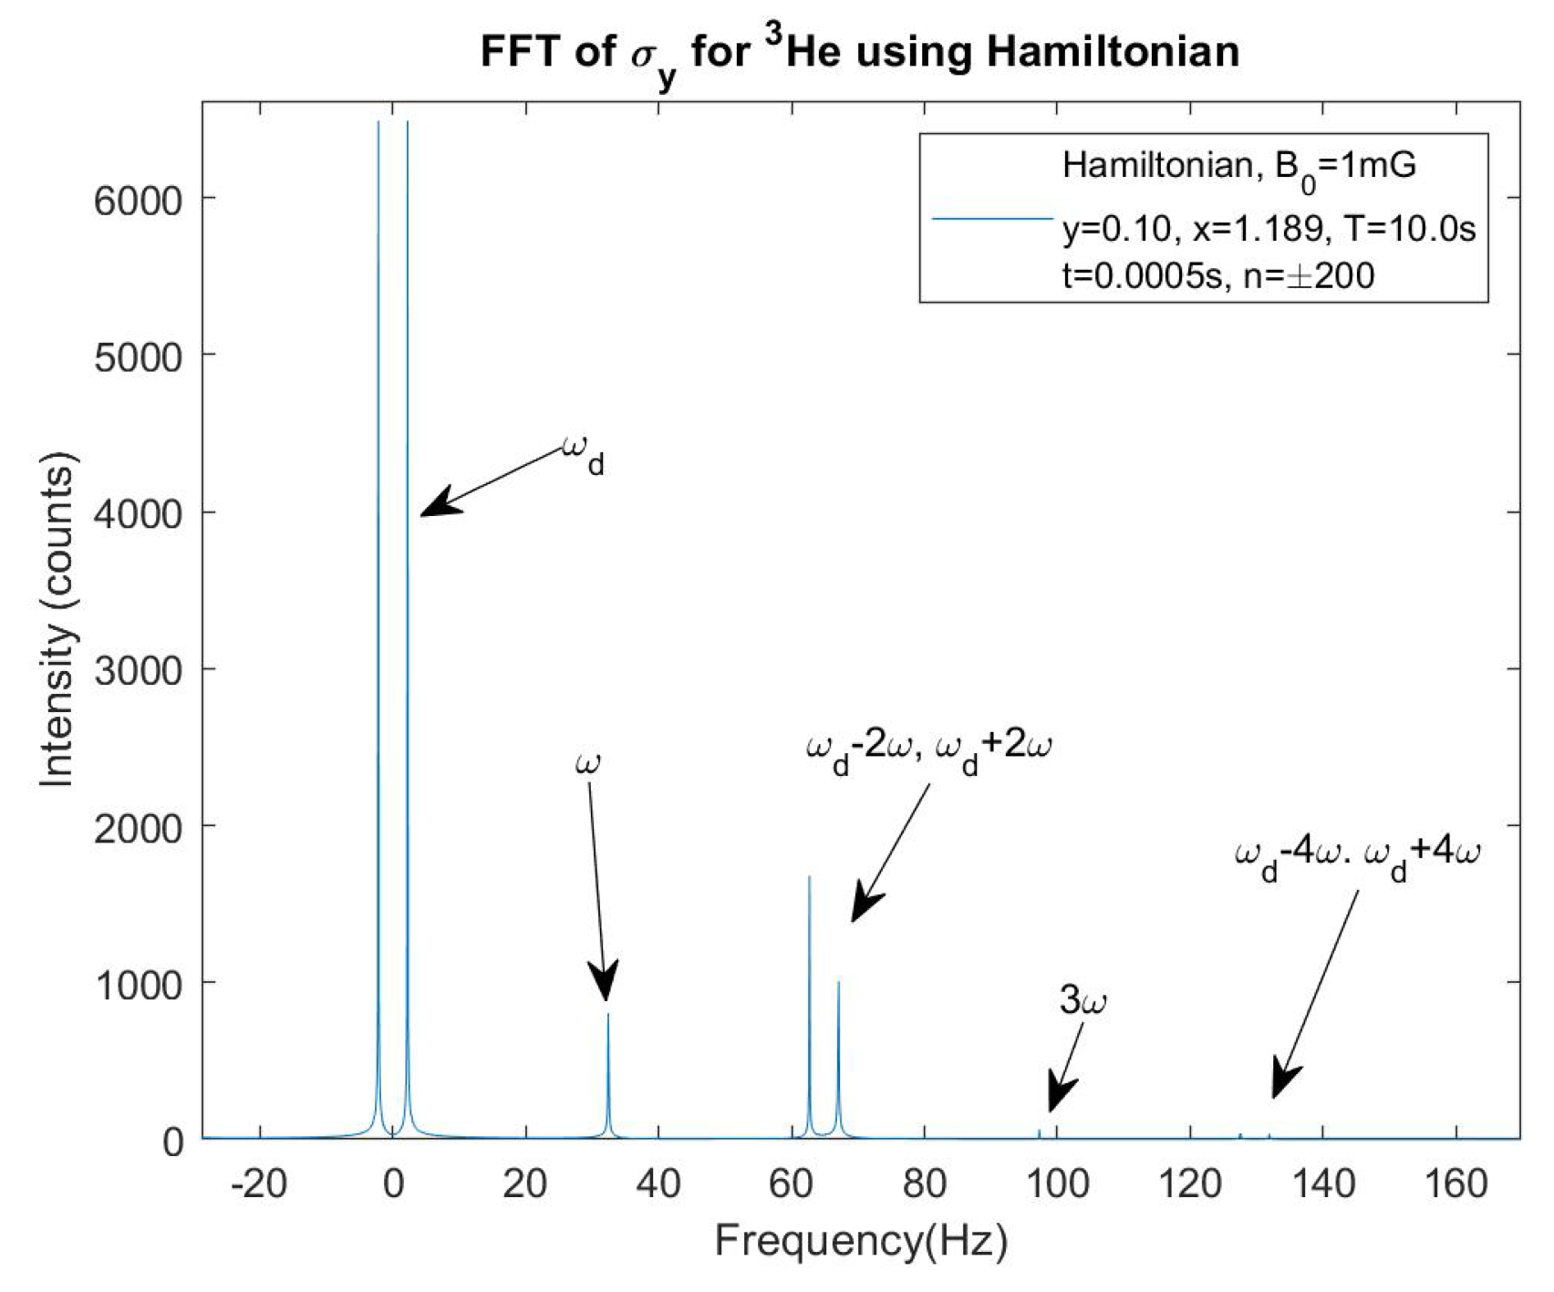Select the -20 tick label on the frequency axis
coord(259,1183)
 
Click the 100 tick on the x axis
coord(1057,1183)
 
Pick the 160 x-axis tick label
coord(1456,1183)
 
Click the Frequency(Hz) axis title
coord(861,1241)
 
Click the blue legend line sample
coord(992,219)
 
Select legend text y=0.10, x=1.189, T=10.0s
coord(1268,228)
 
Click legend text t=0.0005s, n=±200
coord(1217,274)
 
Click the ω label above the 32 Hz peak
coord(588,762)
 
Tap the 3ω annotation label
coord(1083,1001)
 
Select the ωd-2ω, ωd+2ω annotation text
coord(928,750)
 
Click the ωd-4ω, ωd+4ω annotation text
coord(1356,857)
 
